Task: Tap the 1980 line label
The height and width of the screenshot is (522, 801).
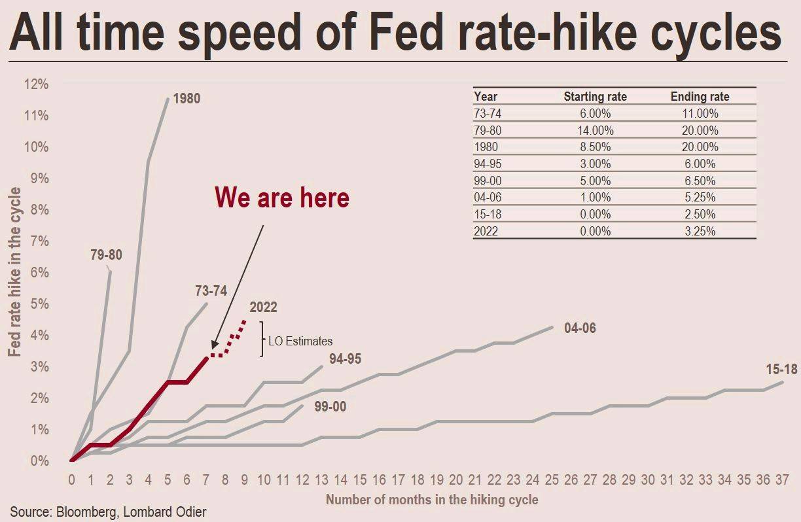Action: click(x=187, y=99)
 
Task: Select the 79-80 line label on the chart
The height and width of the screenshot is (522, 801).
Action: click(x=106, y=255)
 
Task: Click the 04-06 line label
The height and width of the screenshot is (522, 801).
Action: click(x=580, y=328)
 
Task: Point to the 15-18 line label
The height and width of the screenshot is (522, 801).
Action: click(x=781, y=370)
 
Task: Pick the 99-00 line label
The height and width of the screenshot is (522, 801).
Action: click(x=330, y=407)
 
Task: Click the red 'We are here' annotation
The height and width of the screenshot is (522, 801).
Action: click(x=282, y=198)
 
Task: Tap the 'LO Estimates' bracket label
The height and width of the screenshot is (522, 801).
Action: click(x=300, y=341)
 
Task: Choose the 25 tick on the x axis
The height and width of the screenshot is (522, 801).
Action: click(x=552, y=480)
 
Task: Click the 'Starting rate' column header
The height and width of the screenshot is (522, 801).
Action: click(x=595, y=97)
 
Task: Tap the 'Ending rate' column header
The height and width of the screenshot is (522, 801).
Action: click(x=700, y=97)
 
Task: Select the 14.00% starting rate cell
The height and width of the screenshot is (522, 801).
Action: click(x=595, y=130)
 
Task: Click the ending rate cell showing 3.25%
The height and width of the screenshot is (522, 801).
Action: click(x=700, y=231)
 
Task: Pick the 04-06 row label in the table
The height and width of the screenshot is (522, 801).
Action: click(x=485, y=198)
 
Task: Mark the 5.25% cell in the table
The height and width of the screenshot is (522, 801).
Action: click(x=700, y=198)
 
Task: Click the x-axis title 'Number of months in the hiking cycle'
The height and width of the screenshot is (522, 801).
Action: click(x=432, y=500)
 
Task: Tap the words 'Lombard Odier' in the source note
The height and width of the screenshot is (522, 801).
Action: click(x=177, y=511)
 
